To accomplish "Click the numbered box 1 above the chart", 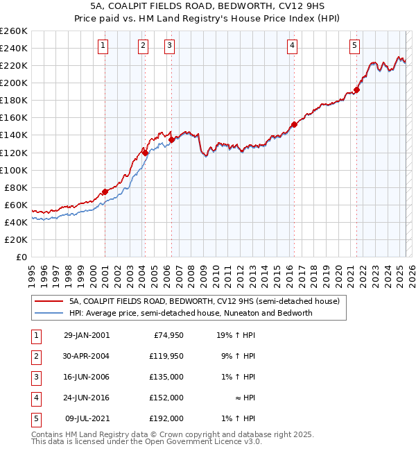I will coord(103,46).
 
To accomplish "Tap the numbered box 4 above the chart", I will coord(293,46).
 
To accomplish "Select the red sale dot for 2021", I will coord(356,90).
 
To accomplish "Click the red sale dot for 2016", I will coord(294,124).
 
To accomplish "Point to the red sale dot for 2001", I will coord(105,192).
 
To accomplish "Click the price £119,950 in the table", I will coord(166,357).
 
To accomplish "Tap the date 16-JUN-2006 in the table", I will coord(87,377).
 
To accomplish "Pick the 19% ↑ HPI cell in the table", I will coord(235,336).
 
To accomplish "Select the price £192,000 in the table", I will coord(166,419).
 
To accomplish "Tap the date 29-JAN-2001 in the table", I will coord(87,336).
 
